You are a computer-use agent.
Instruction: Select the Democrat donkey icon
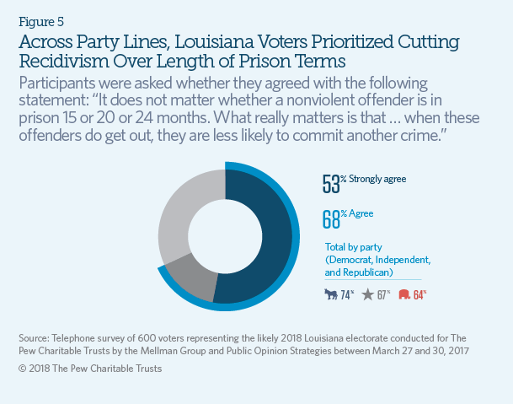[x=331, y=295]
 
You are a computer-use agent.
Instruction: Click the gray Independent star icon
[x=367, y=295]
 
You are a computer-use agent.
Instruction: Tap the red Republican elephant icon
[x=403, y=295]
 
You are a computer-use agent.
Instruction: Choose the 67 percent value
[x=384, y=295]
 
